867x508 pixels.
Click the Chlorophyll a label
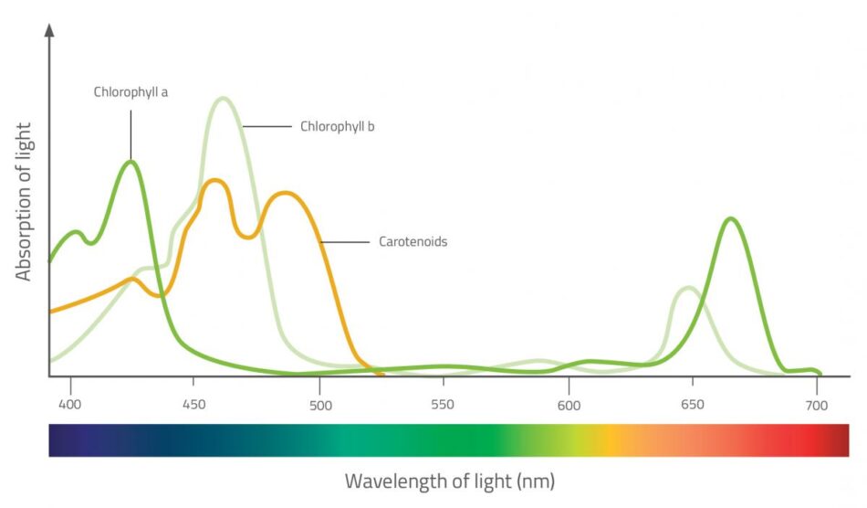(x=131, y=92)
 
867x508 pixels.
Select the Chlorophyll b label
(x=337, y=127)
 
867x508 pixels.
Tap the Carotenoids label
(x=413, y=242)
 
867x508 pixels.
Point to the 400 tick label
(x=70, y=404)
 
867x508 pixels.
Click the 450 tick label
(x=193, y=404)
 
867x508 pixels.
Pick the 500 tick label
(x=319, y=404)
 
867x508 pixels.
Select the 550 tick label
(x=443, y=404)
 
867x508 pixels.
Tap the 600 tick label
(x=568, y=404)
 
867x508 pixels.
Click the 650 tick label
(x=692, y=404)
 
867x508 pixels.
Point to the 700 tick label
(x=816, y=404)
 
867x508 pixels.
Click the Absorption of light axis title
(x=24, y=201)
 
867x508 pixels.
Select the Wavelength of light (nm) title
(x=449, y=481)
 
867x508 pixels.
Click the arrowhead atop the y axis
(x=49, y=29)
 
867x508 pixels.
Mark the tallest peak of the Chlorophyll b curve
(x=223, y=99)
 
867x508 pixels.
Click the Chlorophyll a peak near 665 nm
(x=729, y=219)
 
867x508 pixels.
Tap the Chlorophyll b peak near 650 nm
(x=687, y=289)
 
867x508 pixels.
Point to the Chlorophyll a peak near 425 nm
(x=132, y=163)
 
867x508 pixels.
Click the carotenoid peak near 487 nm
(x=287, y=194)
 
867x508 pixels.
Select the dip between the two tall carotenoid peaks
(x=247, y=238)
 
